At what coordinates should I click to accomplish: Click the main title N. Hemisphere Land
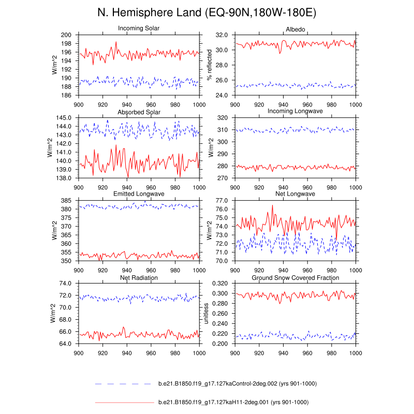coord(207,12)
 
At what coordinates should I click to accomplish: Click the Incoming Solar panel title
coord(139,28)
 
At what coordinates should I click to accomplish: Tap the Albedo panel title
coord(295,28)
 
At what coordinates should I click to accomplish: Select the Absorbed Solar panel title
coord(139,112)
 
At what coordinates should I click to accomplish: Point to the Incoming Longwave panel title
coord(295,112)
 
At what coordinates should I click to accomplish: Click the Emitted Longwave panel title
coord(139,194)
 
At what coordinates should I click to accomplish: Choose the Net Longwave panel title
coord(295,194)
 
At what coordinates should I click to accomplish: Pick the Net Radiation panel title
coord(139,278)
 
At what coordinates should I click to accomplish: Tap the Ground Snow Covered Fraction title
coord(295,278)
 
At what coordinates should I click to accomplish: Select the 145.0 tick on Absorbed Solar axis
coord(66,118)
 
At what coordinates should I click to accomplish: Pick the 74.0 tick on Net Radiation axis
coord(66,284)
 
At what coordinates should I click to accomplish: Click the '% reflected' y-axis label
coord(210,65)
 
